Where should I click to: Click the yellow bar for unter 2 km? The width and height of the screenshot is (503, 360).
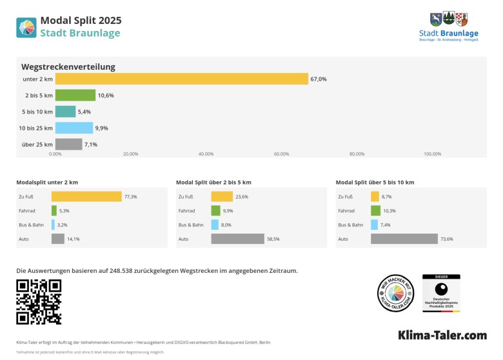pos(181,79)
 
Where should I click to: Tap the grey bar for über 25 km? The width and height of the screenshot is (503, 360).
pos(68,145)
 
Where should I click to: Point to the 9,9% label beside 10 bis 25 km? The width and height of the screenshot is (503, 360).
pos(101,128)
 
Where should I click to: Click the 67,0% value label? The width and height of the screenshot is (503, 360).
pos(319,79)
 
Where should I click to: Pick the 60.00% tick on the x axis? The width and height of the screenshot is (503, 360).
pos(281,154)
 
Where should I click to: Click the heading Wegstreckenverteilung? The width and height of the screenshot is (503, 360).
pos(68,66)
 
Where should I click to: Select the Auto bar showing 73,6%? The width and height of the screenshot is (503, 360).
pos(404,239)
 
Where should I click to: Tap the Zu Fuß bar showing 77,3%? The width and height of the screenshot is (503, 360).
pos(86,196)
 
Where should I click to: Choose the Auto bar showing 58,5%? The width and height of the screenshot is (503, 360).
pos(237,239)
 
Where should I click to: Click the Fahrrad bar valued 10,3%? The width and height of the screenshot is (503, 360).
pos(375,210)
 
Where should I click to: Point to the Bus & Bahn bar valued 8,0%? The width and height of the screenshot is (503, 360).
pos(215,225)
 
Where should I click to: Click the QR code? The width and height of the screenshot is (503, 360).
pos(39,302)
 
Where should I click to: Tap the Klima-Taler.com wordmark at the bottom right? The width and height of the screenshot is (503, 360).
pos(442,335)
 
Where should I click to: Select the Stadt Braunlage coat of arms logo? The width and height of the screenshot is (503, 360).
pos(449,19)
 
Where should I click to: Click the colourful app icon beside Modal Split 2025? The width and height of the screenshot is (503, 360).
pos(26,27)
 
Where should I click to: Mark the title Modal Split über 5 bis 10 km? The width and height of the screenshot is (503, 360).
pos(375,183)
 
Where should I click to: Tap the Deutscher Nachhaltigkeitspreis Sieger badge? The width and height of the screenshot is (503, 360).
pos(441,294)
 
